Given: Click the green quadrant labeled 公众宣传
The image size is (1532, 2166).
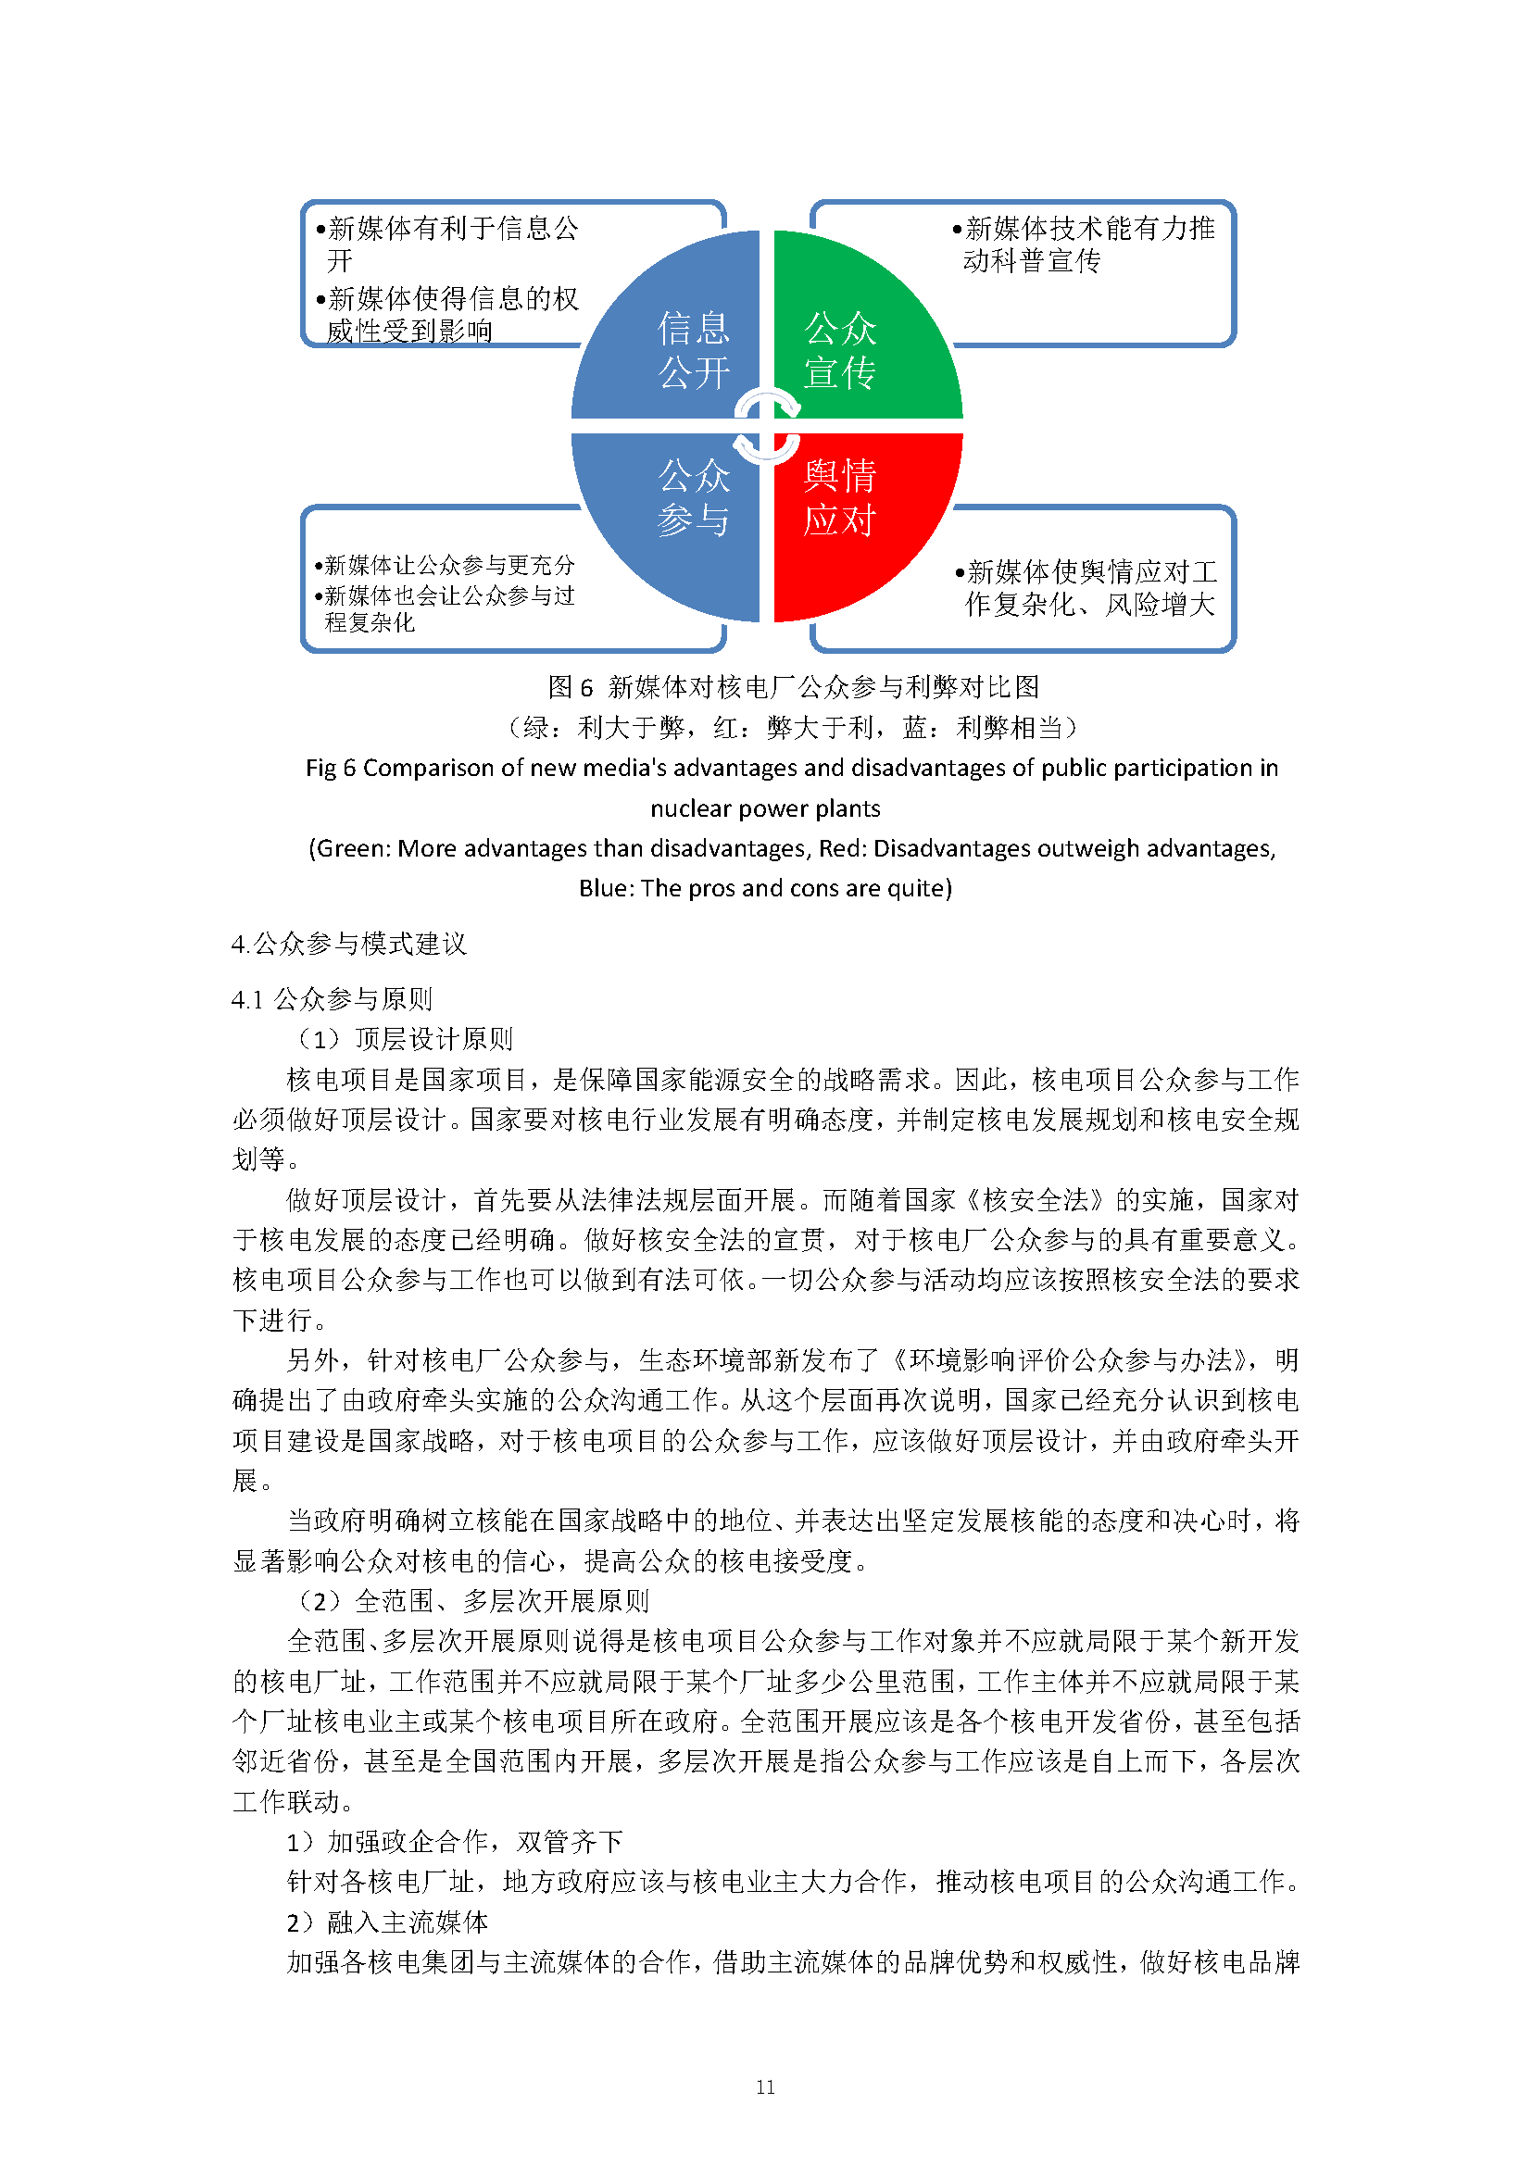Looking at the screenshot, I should coord(849,340).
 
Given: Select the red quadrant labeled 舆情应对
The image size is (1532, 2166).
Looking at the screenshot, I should coord(849,509).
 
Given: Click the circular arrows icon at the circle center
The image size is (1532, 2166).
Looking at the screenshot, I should coord(767,426).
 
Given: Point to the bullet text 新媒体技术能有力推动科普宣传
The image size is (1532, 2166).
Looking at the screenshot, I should coord(1085,244).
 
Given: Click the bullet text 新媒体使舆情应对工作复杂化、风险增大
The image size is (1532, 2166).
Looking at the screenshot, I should coord(1089,587).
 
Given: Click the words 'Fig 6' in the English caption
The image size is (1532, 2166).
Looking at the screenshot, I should coord(330,768).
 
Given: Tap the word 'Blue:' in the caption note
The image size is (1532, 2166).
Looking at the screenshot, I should coord(607,888).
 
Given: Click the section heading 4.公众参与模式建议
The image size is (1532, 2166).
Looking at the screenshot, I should coord(348,944).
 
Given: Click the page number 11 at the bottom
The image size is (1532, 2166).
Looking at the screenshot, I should coord(765,2086).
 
